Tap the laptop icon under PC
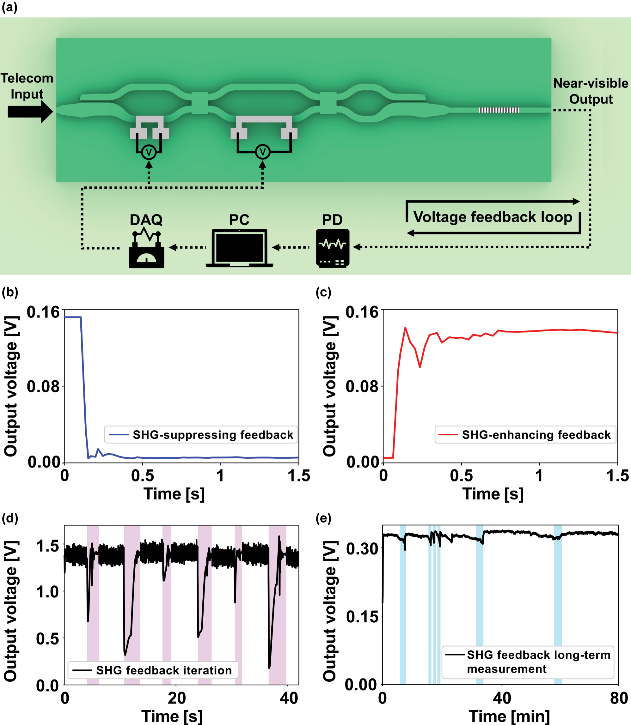coord(239,248)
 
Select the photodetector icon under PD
coord(332,248)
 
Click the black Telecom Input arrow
coord(30,112)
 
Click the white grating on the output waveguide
coord(499,110)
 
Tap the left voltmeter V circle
coord(149,152)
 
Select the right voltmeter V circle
coord(262,152)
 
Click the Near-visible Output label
coord(591,91)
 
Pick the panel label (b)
coord(10,292)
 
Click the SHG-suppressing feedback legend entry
coord(201,435)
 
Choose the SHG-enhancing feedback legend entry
coord(525,435)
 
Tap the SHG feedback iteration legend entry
coord(152,670)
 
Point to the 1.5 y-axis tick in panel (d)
coord(47,546)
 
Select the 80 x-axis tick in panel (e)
coord(619,698)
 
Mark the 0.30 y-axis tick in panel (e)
coord(362,548)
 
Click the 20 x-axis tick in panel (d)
coord(176,698)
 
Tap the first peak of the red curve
coord(405,328)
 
